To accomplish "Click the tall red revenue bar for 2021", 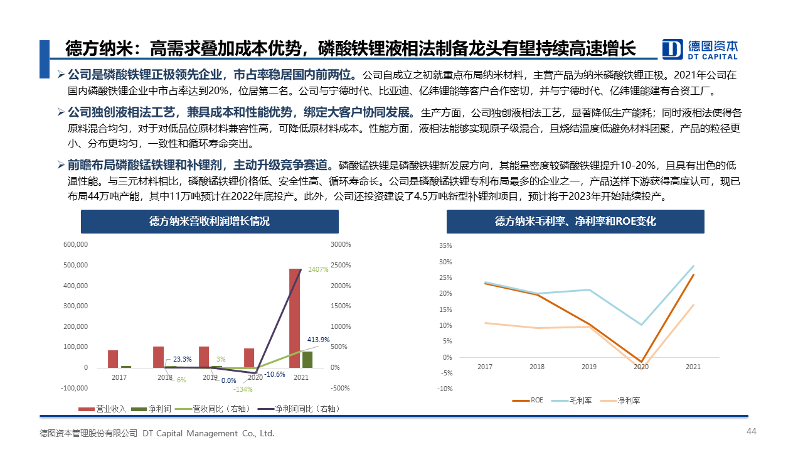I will (294, 318).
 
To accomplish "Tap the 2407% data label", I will (318, 269).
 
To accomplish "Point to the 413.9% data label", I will (318, 340).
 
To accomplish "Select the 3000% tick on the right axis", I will (341, 244).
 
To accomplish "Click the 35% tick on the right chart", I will (446, 245).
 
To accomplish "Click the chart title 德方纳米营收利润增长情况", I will (210, 222).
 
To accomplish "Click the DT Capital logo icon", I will (673, 49).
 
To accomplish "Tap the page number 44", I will (752, 431).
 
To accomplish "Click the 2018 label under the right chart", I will (536, 367).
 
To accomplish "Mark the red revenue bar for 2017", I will (113, 358).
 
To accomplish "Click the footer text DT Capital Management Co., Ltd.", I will (208, 433).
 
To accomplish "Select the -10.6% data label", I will (275, 375).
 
